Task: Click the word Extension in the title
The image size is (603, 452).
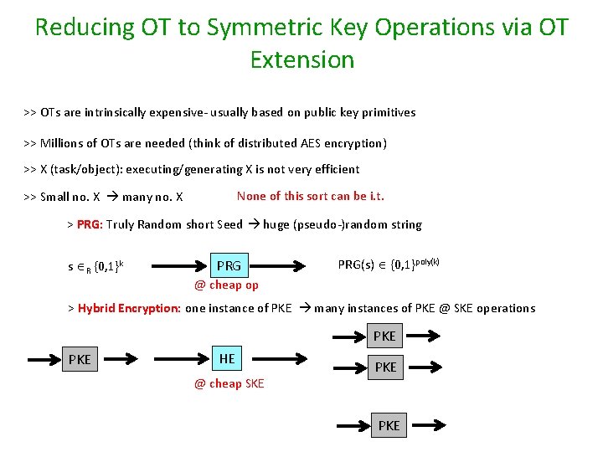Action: pyautogui.click(x=301, y=59)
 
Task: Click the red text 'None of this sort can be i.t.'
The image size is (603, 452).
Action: pyautogui.click(x=311, y=196)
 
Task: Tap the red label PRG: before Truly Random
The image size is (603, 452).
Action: pyautogui.click(x=90, y=224)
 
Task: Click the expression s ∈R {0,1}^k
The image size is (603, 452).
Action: pyautogui.click(x=95, y=267)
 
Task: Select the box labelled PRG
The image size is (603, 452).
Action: pyautogui.click(x=228, y=266)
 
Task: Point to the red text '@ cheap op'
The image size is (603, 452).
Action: pyautogui.click(x=226, y=285)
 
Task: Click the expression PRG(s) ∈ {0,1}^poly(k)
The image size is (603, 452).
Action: pyautogui.click(x=389, y=265)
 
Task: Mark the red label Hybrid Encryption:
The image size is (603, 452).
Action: pyautogui.click(x=129, y=308)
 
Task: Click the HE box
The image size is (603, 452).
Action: pyautogui.click(x=227, y=358)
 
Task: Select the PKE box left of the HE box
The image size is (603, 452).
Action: pyautogui.click(x=80, y=360)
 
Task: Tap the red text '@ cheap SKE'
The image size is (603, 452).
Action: pyautogui.click(x=229, y=383)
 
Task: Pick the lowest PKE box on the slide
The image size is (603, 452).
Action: pyautogui.click(x=389, y=425)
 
